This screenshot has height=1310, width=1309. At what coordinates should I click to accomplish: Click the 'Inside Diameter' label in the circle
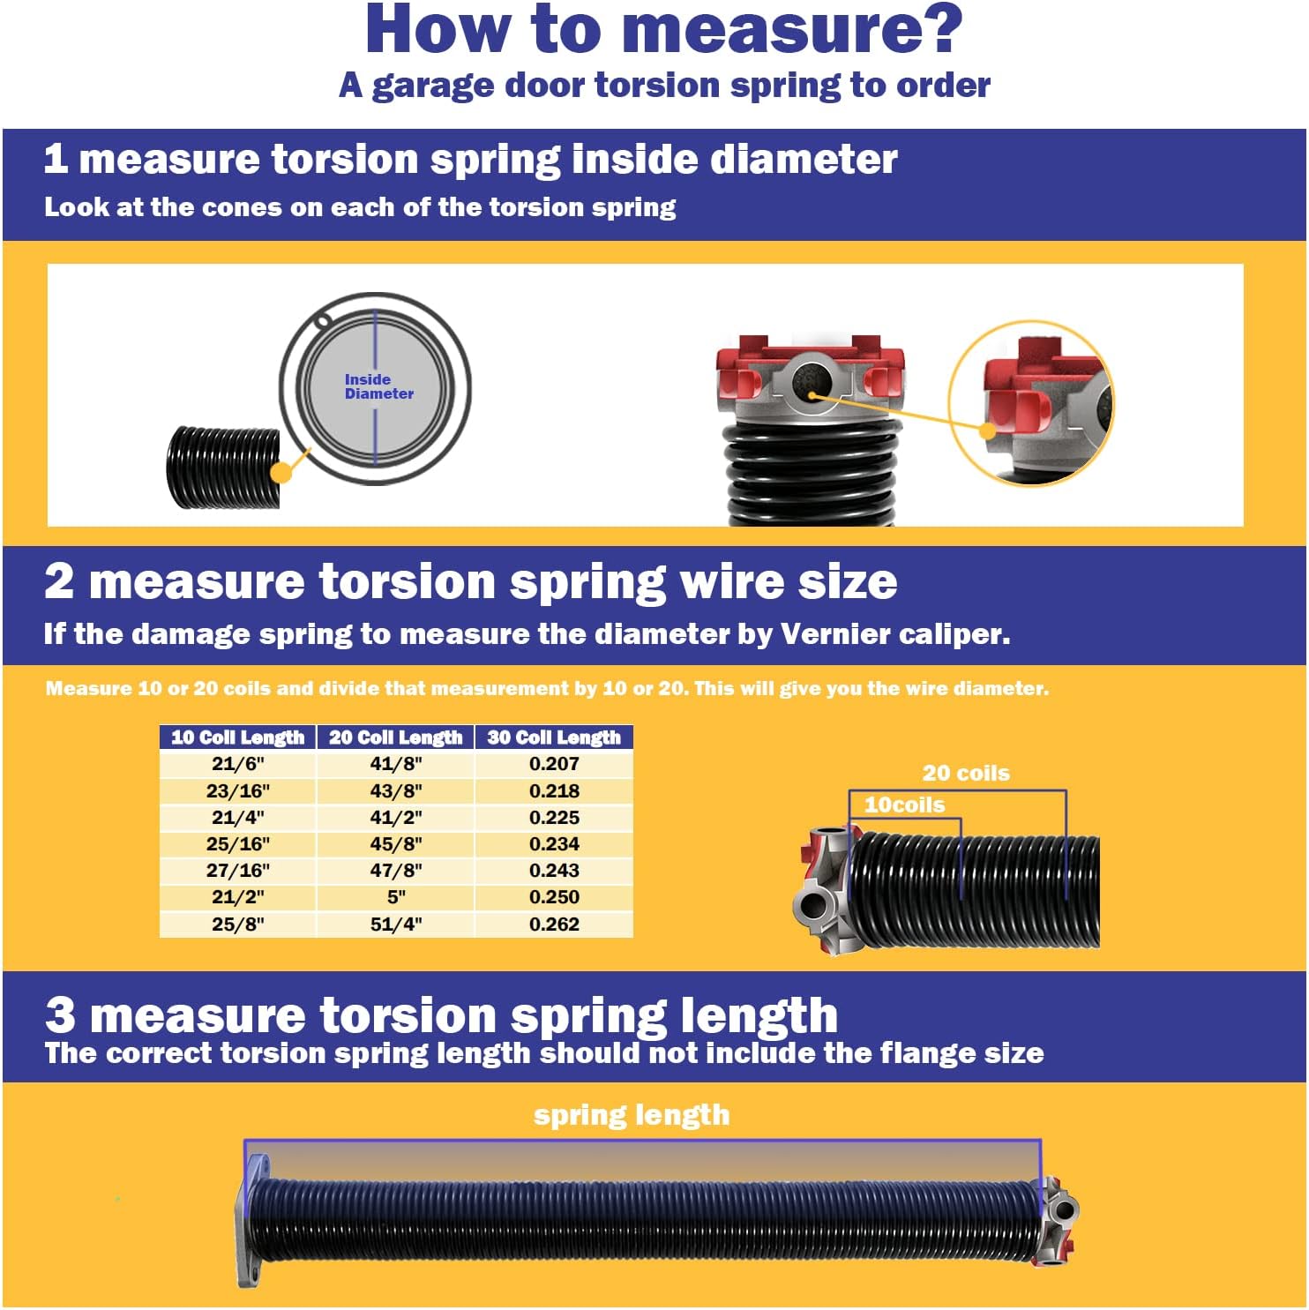[378, 386]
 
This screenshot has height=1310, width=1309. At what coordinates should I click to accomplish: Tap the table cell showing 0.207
[554, 764]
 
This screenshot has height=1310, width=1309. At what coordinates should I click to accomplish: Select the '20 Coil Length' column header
[395, 737]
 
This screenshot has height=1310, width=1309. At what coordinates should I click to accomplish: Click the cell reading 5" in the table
[396, 897]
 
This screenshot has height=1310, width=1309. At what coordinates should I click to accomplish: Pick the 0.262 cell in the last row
[554, 924]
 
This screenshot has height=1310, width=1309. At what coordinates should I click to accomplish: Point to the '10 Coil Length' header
[237, 737]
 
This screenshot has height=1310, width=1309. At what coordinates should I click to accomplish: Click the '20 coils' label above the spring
[966, 774]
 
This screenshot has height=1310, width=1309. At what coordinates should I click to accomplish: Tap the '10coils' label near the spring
[904, 805]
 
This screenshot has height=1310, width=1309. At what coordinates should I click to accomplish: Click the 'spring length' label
[632, 1115]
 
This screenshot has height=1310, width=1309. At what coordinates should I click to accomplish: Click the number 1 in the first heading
[56, 160]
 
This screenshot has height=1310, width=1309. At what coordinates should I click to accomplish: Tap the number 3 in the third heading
[60, 1014]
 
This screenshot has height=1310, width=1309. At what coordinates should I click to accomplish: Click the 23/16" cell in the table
[237, 791]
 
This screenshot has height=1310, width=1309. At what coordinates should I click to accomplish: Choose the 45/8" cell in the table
[396, 844]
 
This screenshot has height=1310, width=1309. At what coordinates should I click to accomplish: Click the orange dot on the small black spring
[281, 471]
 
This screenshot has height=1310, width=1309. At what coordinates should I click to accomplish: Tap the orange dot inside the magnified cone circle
[988, 430]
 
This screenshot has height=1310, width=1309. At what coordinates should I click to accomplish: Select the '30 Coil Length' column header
[554, 737]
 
